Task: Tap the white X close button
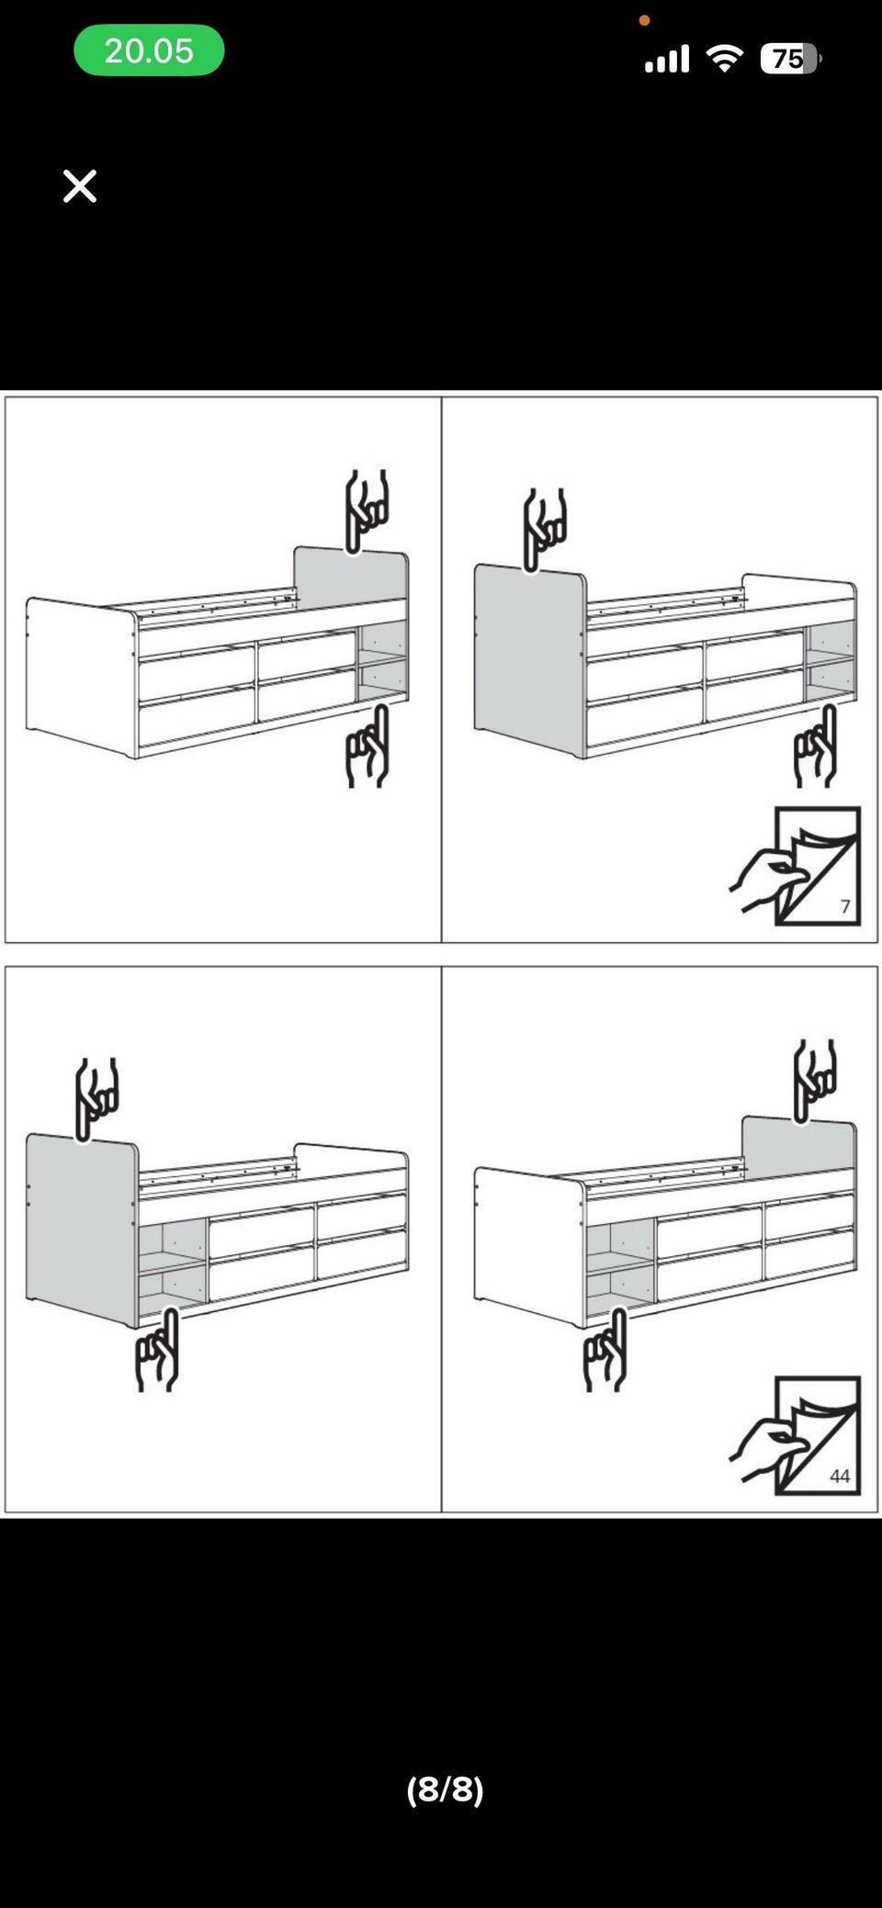tap(80, 185)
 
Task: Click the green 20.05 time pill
tap(149, 51)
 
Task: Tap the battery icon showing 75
tap(790, 59)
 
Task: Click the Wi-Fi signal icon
tap(724, 59)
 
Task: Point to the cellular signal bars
tap(667, 60)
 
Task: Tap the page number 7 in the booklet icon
tap(845, 906)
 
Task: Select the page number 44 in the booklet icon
tap(840, 1476)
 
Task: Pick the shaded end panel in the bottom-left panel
tap(82, 1229)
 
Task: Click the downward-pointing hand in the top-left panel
tap(366, 511)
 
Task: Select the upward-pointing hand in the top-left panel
tap(368, 746)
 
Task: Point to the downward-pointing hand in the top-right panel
tap(544, 530)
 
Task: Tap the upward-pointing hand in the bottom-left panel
tap(157, 1350)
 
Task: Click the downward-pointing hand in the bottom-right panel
tap(814, 1081)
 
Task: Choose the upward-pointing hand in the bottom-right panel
tap(605, 1350)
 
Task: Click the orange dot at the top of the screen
tap(644, 20)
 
